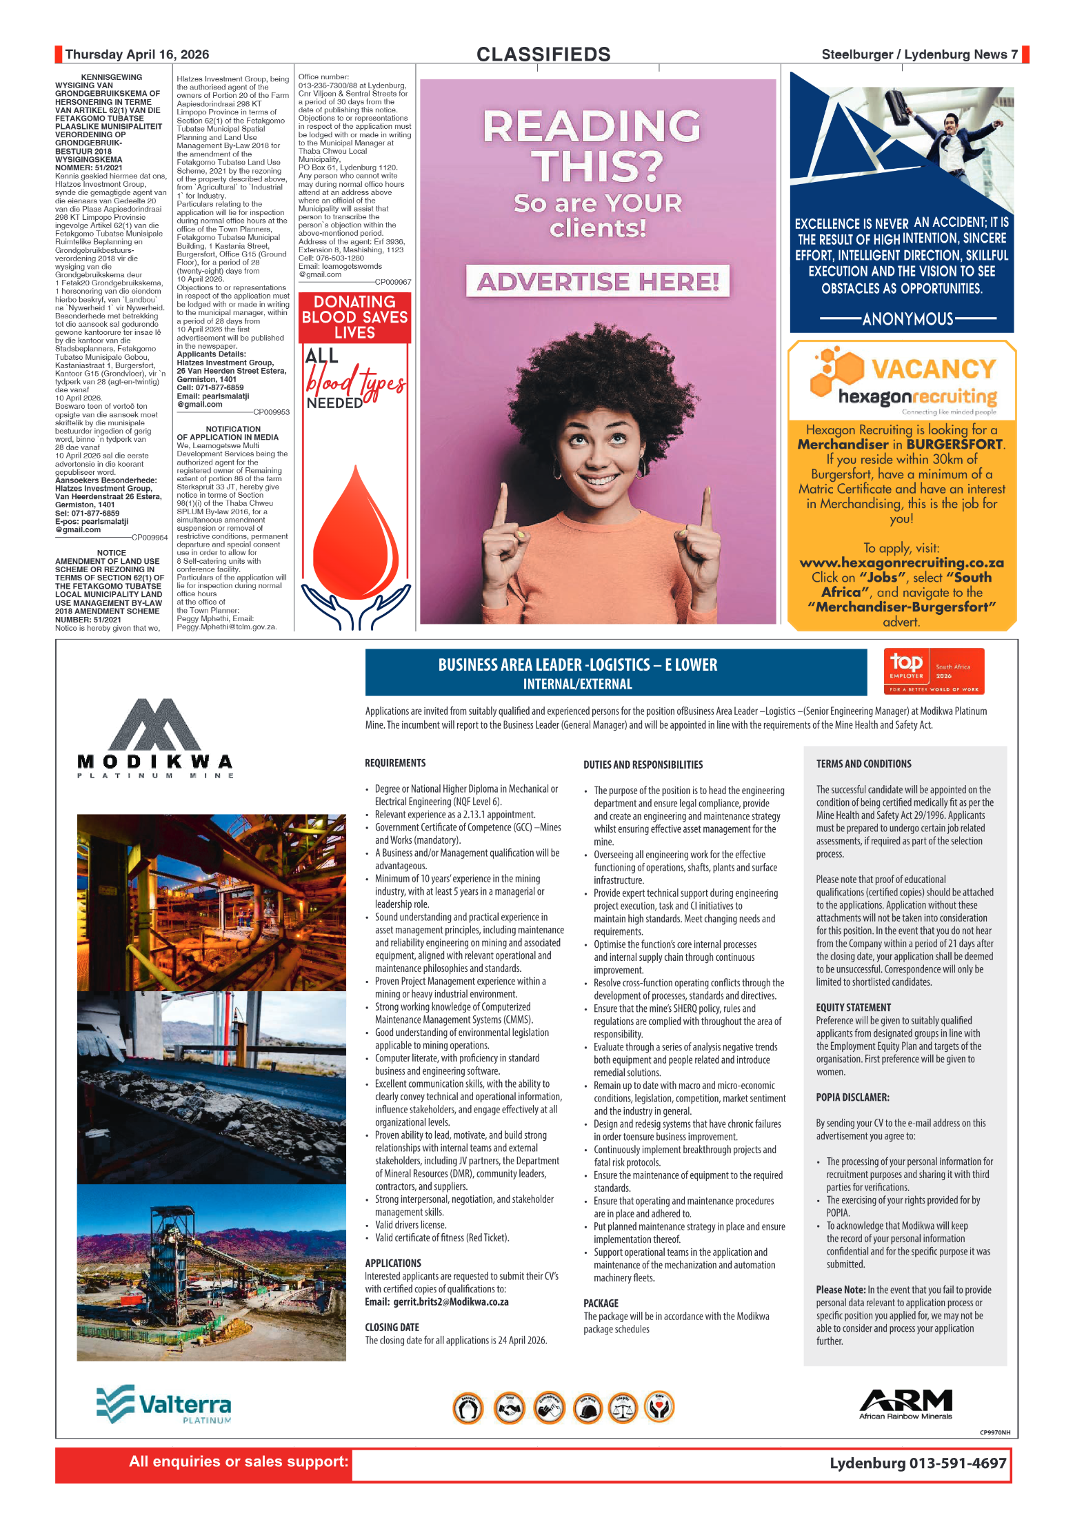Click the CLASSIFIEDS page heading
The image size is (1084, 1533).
point(543,54)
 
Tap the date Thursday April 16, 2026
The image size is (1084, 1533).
point(137,54)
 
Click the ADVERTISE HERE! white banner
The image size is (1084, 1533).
point(598,281)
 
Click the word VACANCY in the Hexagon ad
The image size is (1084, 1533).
point(933,369)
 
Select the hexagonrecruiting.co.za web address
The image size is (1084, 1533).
point(901,562)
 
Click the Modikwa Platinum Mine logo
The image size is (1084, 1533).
point(155,738)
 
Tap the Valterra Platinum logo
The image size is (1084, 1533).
point(164,1404)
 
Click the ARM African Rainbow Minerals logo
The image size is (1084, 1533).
point(905,1404)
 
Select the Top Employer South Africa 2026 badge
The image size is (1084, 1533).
point(934,671)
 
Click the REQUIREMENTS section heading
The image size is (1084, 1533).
point(395,763)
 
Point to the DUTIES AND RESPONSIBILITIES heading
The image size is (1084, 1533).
point(643,764)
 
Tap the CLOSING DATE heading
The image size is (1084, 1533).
point(392,1328)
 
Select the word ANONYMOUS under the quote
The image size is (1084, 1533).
point(907,318)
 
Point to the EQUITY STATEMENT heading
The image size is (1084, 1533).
point(853,1008)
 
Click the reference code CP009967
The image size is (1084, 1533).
point(392,282)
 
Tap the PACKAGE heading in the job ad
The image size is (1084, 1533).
point(601,1303)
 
